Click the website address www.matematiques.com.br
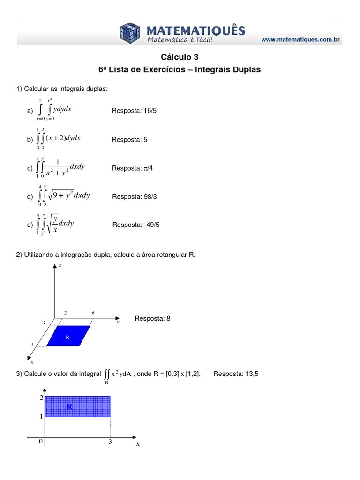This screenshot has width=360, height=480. click(x=300, y=40)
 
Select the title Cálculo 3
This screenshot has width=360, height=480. click(x=180, y=57)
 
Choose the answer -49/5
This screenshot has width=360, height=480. click(x=150, y=225)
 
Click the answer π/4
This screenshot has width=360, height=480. click(x=148, y=168)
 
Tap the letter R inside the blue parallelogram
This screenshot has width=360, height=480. click(x=67, y=337)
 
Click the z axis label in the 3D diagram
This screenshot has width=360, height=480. click(x=60, y=266)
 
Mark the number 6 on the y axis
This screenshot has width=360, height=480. click(x=93, y=313)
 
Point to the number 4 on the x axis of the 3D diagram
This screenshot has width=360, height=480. click(x=32, y=344)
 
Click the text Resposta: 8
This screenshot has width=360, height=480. click(x=152, y=318)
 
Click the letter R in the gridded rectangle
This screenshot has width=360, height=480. click(x=69, y=406)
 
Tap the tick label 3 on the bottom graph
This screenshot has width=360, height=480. click(x=110, y=442)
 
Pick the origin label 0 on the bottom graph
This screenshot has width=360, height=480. click(x=41, y=442)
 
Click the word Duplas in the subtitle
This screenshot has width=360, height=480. click(x=245, y=69)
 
